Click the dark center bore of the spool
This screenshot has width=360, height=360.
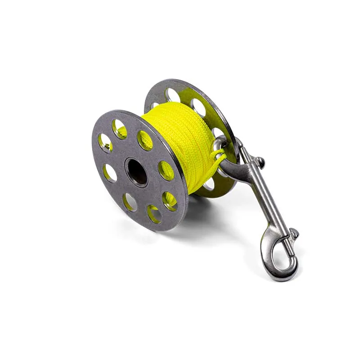137,171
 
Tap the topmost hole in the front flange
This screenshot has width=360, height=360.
120,129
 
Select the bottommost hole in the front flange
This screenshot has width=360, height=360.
154,213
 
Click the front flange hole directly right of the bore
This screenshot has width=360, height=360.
166,171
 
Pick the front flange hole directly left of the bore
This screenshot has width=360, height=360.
109,172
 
